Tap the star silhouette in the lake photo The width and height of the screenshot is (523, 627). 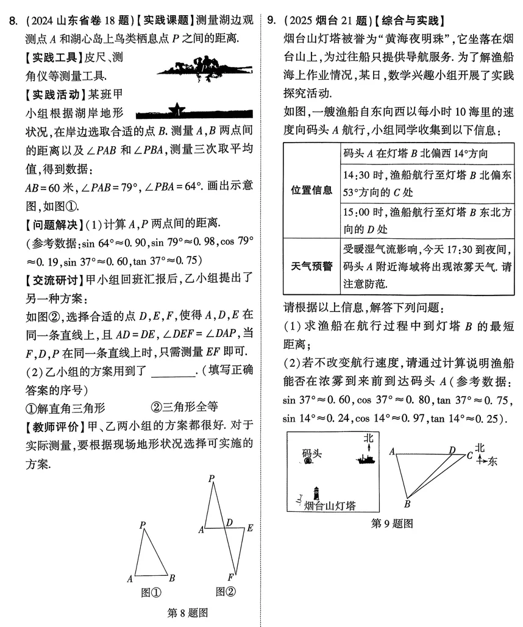coord(177,109)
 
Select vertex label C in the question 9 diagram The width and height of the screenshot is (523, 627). coord(470,455)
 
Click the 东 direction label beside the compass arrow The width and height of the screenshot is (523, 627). coord(493,461)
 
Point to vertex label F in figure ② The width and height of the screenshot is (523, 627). coord(230,576)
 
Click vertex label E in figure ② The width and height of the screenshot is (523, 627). coord(249,528)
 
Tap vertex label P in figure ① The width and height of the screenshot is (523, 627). coord(142,525)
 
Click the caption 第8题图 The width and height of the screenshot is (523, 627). coord(187,613)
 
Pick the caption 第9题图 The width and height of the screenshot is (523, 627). coord(392,523)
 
